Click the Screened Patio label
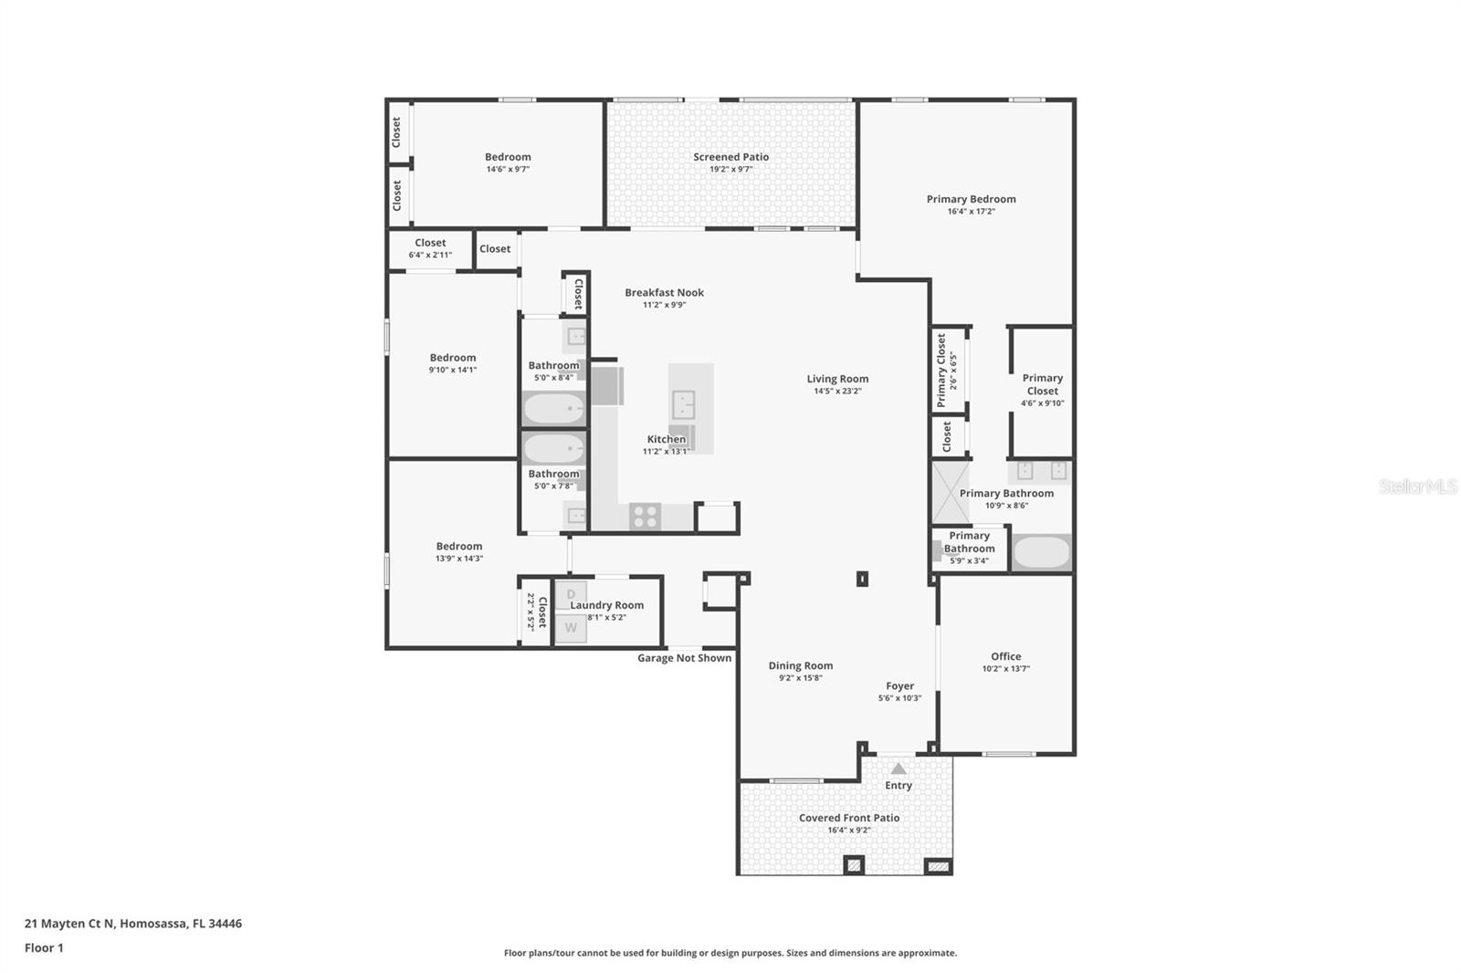tap(730, 157)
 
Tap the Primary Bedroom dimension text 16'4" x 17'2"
tap(971, 212)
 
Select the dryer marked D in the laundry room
tap(571, 595)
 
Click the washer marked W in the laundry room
tap(571, 628)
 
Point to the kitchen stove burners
tap(645, 517)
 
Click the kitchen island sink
tap(683, 403)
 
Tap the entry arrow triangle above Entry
tap(899, 769)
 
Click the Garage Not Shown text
tap(684, 658)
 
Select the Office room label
tap(1005, 656)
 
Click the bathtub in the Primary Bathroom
tap(1041, 553)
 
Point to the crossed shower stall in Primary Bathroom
tap(950, 493)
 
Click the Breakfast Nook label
tap(664, 293)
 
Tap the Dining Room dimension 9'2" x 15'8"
tap(800, 678)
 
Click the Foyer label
tap(899, 686)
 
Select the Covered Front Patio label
tap(848, 818)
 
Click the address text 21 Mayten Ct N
tap(69, 924)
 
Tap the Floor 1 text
tap(44, 948)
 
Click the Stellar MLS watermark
tap(1417, 487)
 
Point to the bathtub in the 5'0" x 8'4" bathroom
tap(553, 409)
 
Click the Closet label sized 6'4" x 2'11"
tap(430, 243)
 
